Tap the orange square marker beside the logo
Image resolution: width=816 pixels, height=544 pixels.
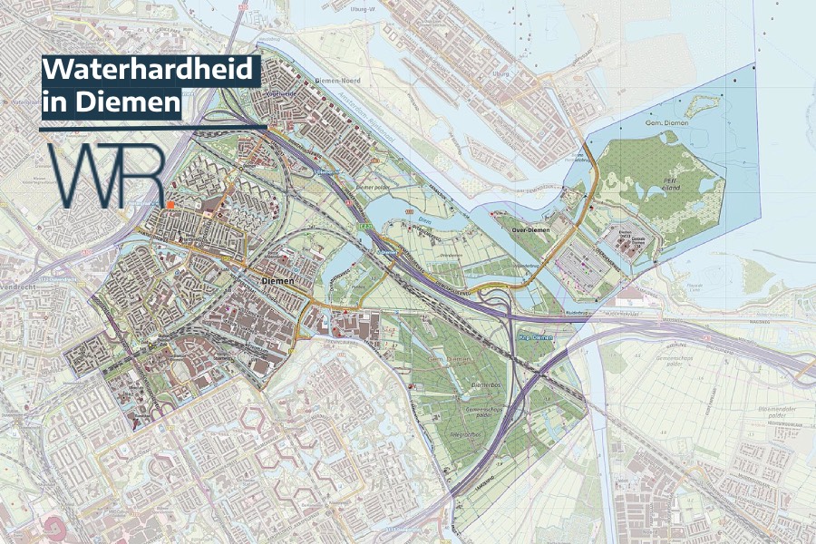pos(170,206)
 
